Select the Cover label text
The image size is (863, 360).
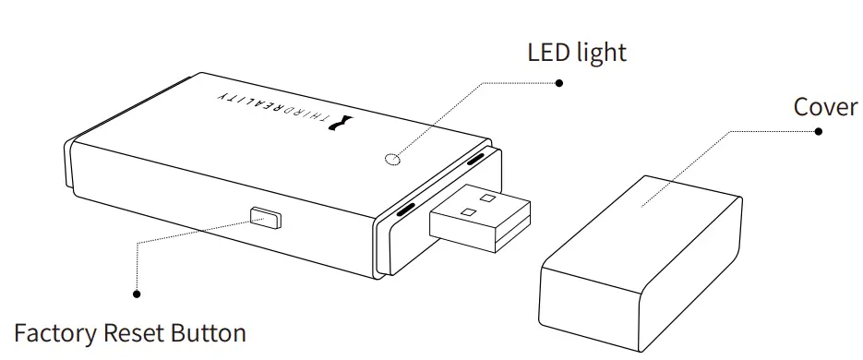(825, 107)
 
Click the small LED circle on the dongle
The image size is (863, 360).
(392, 159)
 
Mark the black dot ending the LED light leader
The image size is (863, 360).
(558, 82)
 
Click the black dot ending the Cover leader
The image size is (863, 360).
(818, 131)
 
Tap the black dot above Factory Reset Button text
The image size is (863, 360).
(138, 294)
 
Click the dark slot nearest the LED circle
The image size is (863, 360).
(475, 160)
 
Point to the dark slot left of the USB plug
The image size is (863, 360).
(405, 211)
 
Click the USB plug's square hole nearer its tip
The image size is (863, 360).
(487, 197)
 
